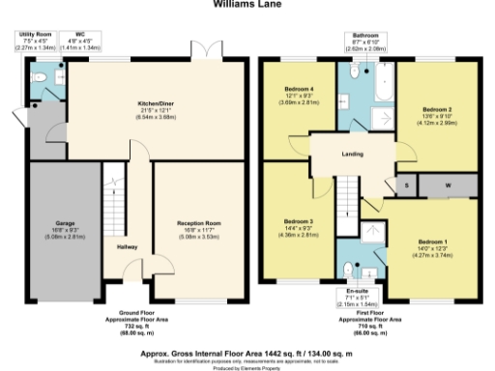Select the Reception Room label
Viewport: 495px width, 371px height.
tap(199, 222)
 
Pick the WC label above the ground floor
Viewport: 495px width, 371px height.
tap(81, 35)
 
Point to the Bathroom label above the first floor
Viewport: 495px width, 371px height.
tap(366, 35)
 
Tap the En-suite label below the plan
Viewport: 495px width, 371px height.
tap(359, 290)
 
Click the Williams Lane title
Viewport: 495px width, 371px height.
tap(247, 4)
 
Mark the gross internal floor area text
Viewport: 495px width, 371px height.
tap(247, 328)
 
